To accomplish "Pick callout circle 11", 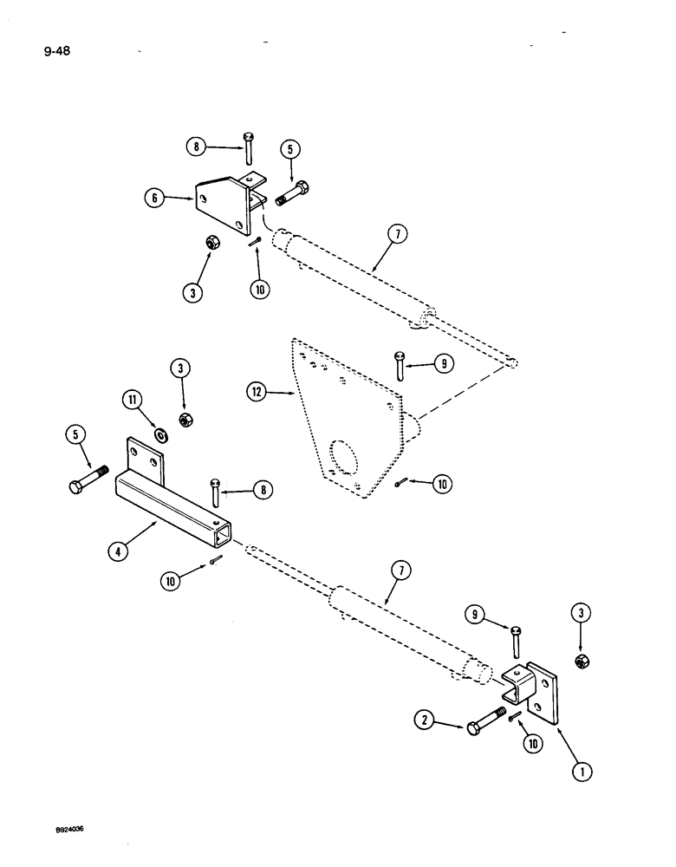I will [x=132, y=400].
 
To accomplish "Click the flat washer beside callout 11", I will [x=161, y=432].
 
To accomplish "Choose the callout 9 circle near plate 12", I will [x=442, y=365].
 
